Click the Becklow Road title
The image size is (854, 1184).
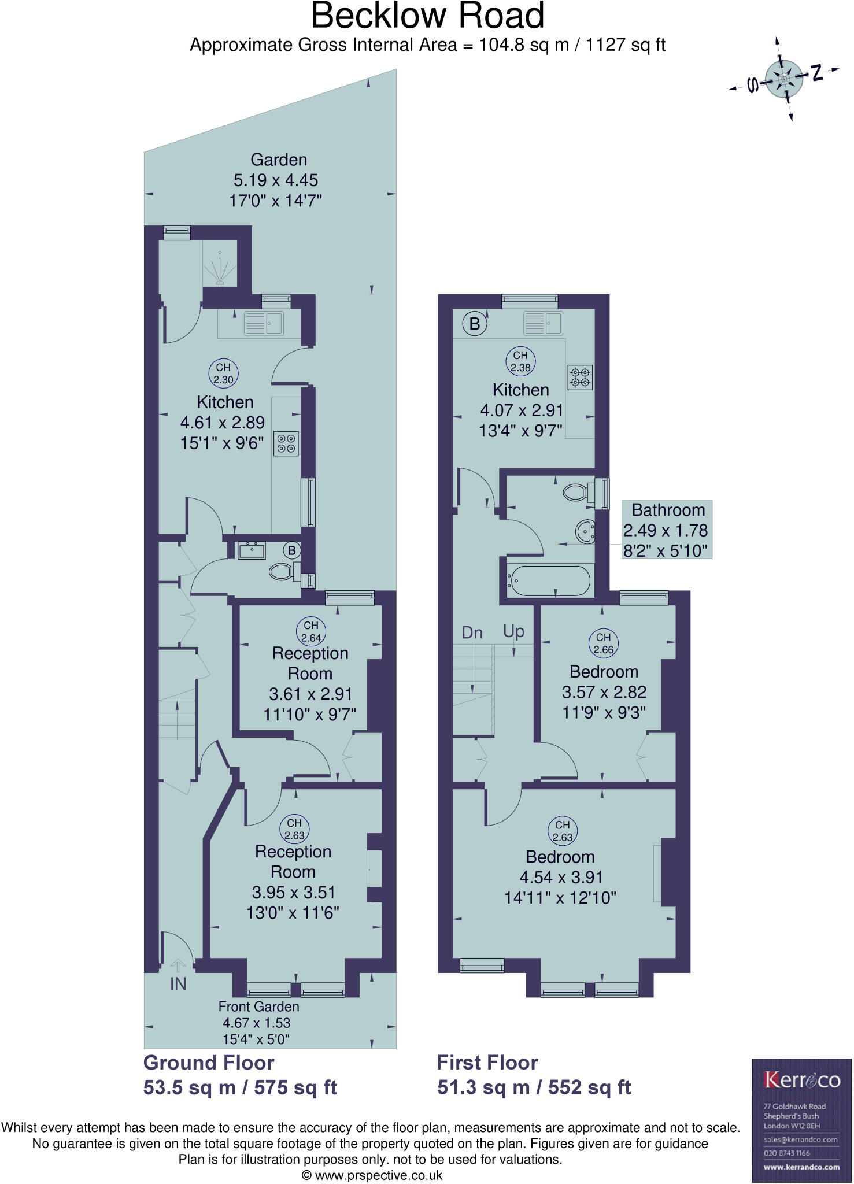427,16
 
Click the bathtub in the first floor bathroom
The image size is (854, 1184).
549,580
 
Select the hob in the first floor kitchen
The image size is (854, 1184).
580,377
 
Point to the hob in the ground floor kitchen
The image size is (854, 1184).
286,443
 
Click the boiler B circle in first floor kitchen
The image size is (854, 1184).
475,323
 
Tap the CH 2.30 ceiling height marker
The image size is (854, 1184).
223,373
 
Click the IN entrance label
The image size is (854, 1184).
178,983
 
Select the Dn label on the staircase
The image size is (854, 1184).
472,632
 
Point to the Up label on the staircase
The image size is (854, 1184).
513,631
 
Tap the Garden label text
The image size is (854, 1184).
278,160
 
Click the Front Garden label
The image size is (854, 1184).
258,1007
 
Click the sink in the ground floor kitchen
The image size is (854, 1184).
264,324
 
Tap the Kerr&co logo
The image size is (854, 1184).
801,1079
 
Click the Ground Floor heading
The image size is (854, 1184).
209,1063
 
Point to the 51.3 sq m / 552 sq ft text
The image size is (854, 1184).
534,1087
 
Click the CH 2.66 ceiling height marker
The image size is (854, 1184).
603,643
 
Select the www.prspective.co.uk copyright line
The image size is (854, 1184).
372,1175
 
